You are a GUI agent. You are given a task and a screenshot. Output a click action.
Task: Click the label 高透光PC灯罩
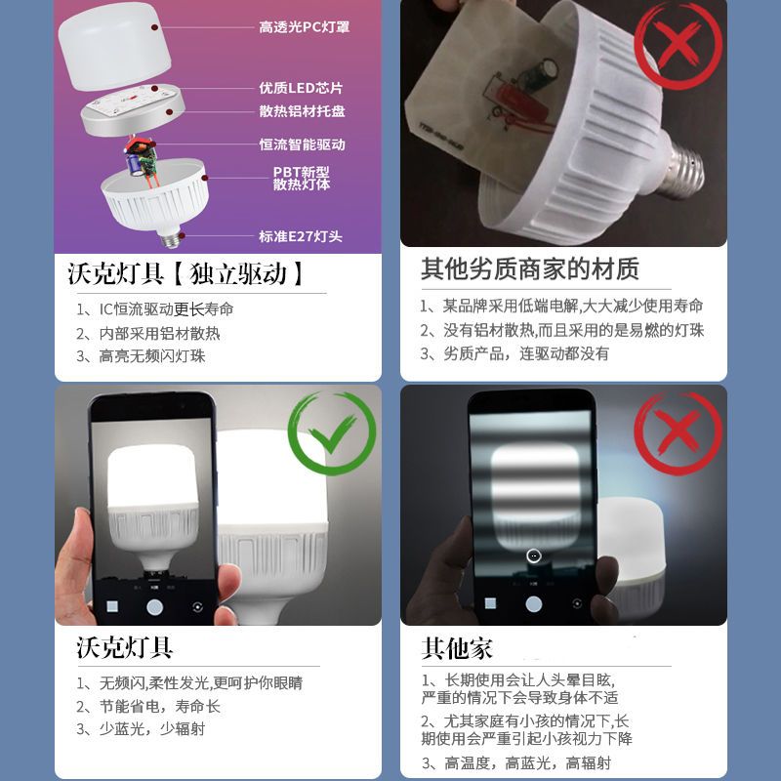coord(304,27)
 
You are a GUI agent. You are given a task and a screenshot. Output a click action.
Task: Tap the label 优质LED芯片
coord(301,88)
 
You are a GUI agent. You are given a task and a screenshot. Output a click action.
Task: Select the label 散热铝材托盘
coord(302,111)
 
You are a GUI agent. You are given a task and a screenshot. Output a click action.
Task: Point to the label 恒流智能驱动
coord(302,144)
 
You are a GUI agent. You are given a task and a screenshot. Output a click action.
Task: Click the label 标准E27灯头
coord(301,236)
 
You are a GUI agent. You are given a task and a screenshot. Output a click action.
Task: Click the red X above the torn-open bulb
coord(678,45)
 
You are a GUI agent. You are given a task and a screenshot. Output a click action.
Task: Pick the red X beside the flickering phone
coord(678,432)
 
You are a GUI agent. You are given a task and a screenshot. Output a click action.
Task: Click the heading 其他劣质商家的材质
coord(530,269)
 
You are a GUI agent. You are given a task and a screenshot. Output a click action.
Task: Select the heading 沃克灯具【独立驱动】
coord(185,273)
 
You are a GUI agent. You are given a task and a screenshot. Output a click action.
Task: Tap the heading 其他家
coord(457,648)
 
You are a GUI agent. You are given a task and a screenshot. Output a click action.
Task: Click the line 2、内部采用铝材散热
coord(148,333)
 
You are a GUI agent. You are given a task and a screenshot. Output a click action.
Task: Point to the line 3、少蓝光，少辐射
coord(141,728)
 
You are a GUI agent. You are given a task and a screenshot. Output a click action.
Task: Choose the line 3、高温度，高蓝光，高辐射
coord(516,762)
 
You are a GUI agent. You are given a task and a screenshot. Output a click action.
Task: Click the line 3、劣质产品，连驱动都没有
coord(514,353)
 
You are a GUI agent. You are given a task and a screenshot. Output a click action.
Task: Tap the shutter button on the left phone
coord(154,607)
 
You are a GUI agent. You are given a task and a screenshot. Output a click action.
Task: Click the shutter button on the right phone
coord(533,604)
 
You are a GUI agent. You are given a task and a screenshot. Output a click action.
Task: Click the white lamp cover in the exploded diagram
coord(114,46)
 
